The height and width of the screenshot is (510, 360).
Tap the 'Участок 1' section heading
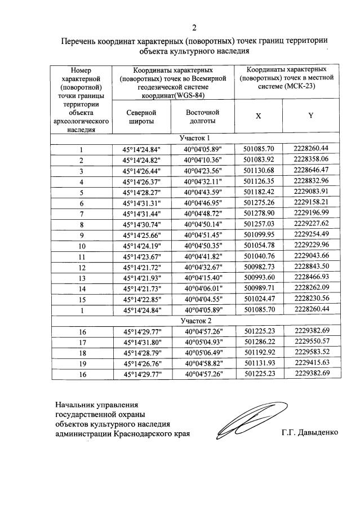coord(194,138)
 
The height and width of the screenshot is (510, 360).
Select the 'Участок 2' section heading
coord(194,320)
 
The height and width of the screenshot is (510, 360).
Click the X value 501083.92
coord(259,160)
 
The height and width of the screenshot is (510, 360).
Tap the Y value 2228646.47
coord(311,170)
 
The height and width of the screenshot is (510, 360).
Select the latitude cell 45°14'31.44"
coord(141,214)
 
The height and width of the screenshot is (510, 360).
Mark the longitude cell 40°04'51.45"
coord(203,235)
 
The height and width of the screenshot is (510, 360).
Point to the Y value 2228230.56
coord(311,299)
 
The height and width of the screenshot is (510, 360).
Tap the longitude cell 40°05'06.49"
coord(203,352)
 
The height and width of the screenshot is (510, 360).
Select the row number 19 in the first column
coord(81,363)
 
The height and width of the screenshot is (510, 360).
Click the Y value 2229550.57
coord(311,342)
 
